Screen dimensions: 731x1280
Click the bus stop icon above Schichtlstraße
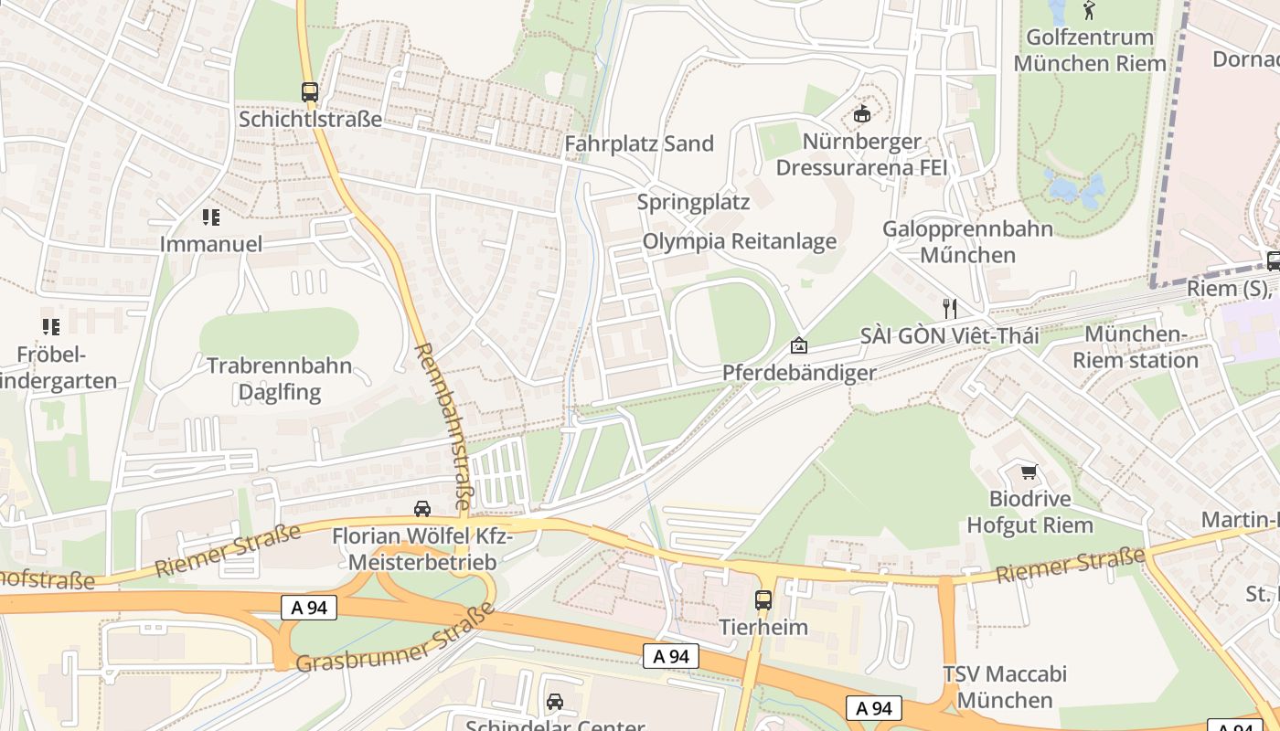[310, 92]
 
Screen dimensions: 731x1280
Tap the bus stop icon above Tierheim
[763, 600]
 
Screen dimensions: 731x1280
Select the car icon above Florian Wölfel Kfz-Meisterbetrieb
[421, 509]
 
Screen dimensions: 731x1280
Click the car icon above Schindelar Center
[554, 702]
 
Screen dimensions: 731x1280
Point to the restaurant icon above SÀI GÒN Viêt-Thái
[950, 308]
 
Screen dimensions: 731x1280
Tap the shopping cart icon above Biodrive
[1029, 471]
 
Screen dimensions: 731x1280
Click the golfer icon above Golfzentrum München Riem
[1089, 11]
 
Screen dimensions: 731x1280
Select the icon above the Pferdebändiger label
[799, 345]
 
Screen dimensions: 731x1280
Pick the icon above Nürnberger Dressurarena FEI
[861, 114]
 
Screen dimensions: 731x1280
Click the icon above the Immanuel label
[211, 217]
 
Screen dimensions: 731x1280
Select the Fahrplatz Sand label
[639, 143]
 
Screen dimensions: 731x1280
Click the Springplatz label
[693, 202]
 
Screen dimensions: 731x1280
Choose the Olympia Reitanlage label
[740, 241]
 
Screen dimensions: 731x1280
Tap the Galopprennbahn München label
[967, 241]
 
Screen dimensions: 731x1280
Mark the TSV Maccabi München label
[1005, 687]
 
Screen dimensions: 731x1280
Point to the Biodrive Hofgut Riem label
[1029, 512]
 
